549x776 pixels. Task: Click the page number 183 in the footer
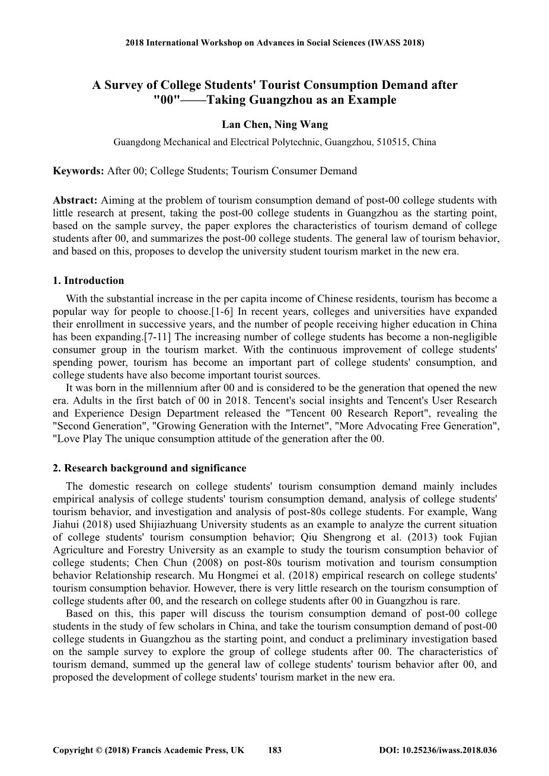(274, 750)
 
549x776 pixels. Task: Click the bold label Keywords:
(78, 171)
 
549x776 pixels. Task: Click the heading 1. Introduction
(88, 280)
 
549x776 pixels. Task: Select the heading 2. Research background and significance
(149, 468)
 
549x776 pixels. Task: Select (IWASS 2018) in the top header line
(396, 43)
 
